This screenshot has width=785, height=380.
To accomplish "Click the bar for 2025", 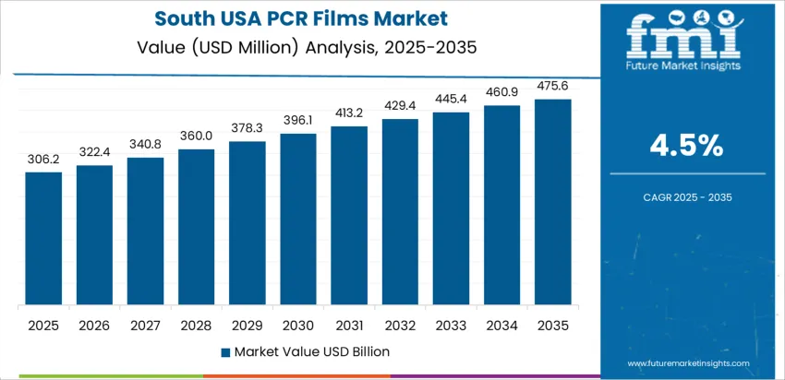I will click(x=43, y=239).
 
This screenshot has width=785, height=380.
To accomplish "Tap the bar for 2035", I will click(x=552, y=202).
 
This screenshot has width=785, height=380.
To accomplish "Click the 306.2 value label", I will click(x=43, y=160).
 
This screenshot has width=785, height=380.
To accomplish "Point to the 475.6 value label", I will click(x=552, y=87).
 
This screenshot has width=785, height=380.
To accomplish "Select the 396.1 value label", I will click(x=298, y=122).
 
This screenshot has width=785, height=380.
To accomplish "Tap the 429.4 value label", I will click(x=400, y=106).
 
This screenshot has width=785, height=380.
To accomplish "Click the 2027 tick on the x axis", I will click(x=145, y=325).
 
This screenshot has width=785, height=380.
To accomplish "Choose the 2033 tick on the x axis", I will click(x=451, y=325).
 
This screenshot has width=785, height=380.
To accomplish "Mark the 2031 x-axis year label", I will click(x=349, y=325).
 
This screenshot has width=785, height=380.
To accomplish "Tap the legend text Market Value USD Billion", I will click(x=311, y=351).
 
